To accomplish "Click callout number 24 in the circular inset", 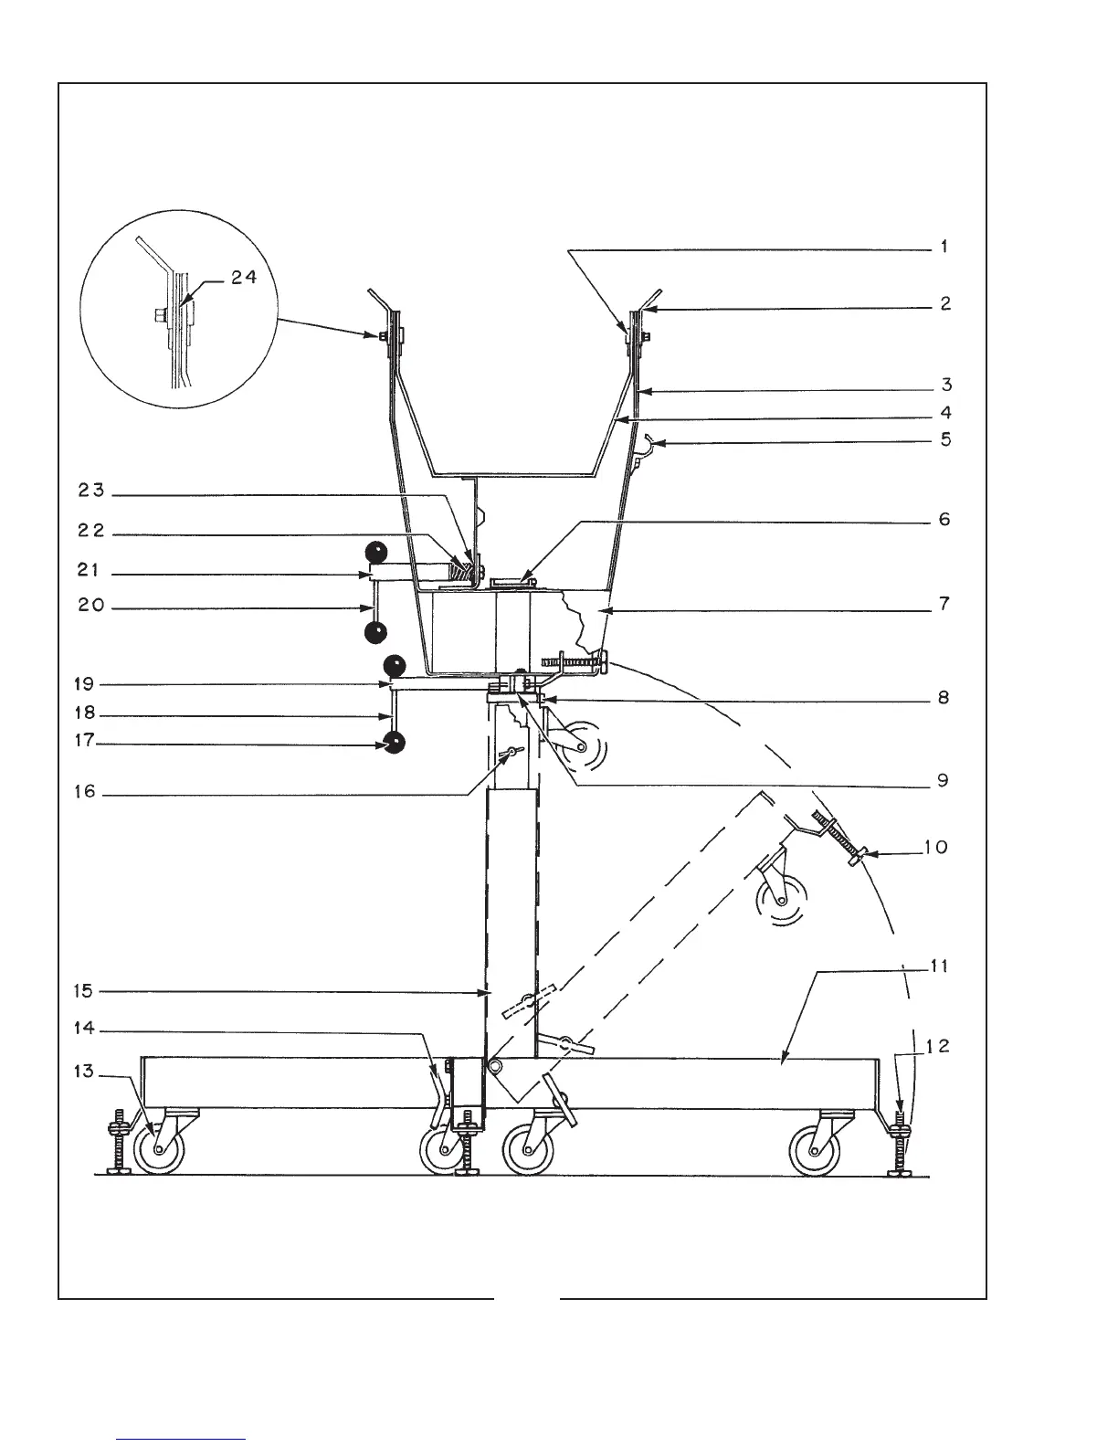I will (243, 279).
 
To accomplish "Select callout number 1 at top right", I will (944, 247).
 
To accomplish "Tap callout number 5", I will (945, 439).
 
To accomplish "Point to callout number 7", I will (944, 604).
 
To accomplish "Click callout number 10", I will (935, 847).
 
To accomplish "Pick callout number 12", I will (938, 1047).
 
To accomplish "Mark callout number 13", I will (83, 1072).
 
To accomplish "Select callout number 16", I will (84, 792).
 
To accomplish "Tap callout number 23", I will (94, 492).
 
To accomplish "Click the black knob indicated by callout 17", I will (395, 745).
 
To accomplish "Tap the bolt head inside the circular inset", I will (158, 317).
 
